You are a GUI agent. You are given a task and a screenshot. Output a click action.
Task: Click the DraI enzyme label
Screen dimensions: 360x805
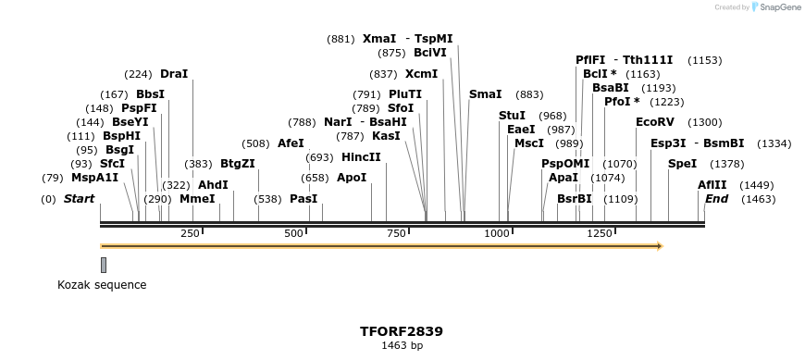pos(174,73)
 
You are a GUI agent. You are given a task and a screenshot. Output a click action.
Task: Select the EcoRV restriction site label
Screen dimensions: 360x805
pos(655,121)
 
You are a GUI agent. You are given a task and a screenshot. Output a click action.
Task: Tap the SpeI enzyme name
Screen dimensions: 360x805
pos(682,164)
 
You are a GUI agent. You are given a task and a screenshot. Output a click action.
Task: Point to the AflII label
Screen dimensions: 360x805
pos(712,184)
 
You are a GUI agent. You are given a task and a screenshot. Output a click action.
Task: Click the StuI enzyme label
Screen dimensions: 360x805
pos(512,115)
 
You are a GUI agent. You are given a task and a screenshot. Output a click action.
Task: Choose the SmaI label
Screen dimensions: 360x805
pos(486,94)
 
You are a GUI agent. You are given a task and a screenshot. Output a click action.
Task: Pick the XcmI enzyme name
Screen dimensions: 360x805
pos(422,73)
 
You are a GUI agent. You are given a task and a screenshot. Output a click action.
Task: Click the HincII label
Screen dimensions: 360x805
pos(361,156)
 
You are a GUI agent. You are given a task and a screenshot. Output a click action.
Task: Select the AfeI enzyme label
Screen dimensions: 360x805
pos(291,143)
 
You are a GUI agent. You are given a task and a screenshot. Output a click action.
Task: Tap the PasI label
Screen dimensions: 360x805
pos(303,198)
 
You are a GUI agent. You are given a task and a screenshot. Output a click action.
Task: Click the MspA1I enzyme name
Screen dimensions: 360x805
pos(95,177)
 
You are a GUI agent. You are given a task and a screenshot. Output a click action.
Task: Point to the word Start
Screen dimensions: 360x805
pos(79,198)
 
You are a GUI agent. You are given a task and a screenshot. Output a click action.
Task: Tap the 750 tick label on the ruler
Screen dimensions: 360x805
pos(397,233)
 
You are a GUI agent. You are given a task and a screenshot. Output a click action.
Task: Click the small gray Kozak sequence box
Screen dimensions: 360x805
pos(104,265)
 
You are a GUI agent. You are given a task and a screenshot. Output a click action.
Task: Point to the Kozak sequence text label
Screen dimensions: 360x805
pos(102,285)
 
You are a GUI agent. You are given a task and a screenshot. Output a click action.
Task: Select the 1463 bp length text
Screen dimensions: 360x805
pos(402,345)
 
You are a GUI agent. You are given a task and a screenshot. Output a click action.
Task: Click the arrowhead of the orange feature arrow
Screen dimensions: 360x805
pos(659,246)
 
